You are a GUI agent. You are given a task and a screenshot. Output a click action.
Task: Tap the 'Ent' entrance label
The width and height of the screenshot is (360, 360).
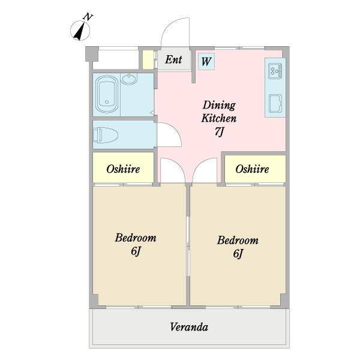coord(173,59)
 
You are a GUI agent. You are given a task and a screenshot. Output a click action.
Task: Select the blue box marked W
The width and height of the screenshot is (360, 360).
coord(206,61)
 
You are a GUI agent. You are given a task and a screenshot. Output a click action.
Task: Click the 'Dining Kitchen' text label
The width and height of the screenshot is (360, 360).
coord(219,111)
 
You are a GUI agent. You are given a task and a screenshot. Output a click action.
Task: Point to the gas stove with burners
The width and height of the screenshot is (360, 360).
coord(276,71)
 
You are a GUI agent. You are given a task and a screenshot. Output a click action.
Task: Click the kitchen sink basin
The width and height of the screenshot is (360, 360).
coord(276,103)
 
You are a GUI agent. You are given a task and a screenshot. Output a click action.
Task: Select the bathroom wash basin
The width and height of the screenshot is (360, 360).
coord(129,79)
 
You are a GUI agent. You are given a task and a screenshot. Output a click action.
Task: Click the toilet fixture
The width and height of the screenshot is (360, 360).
coord(108,135)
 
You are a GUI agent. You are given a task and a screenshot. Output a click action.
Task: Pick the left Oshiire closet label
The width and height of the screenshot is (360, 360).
coord(123,169)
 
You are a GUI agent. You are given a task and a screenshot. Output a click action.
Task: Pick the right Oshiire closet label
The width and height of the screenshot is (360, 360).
coord(252,169)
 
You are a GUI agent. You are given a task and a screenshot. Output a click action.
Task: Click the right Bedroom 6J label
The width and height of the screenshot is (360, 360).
coord(238,247)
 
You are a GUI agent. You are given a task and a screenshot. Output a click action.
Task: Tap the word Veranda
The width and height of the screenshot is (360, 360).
coord(189,327)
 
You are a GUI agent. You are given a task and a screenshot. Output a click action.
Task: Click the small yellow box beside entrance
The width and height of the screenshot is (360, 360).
coord(148,60)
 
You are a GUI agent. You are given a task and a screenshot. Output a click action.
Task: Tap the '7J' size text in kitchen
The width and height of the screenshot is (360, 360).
coord(219,133)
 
